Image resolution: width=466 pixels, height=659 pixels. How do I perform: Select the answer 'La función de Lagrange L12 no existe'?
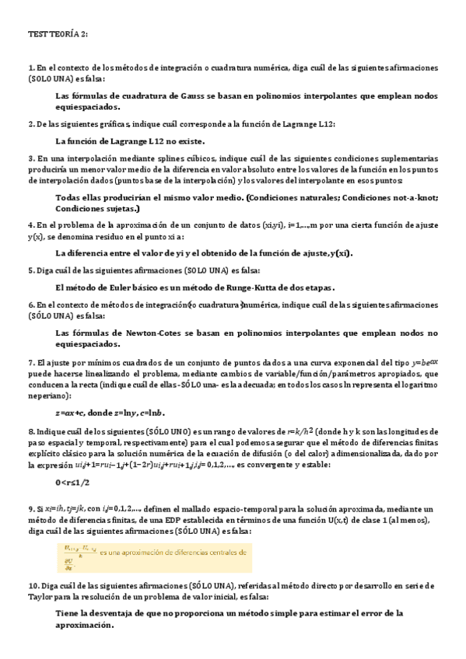point(130,141)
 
